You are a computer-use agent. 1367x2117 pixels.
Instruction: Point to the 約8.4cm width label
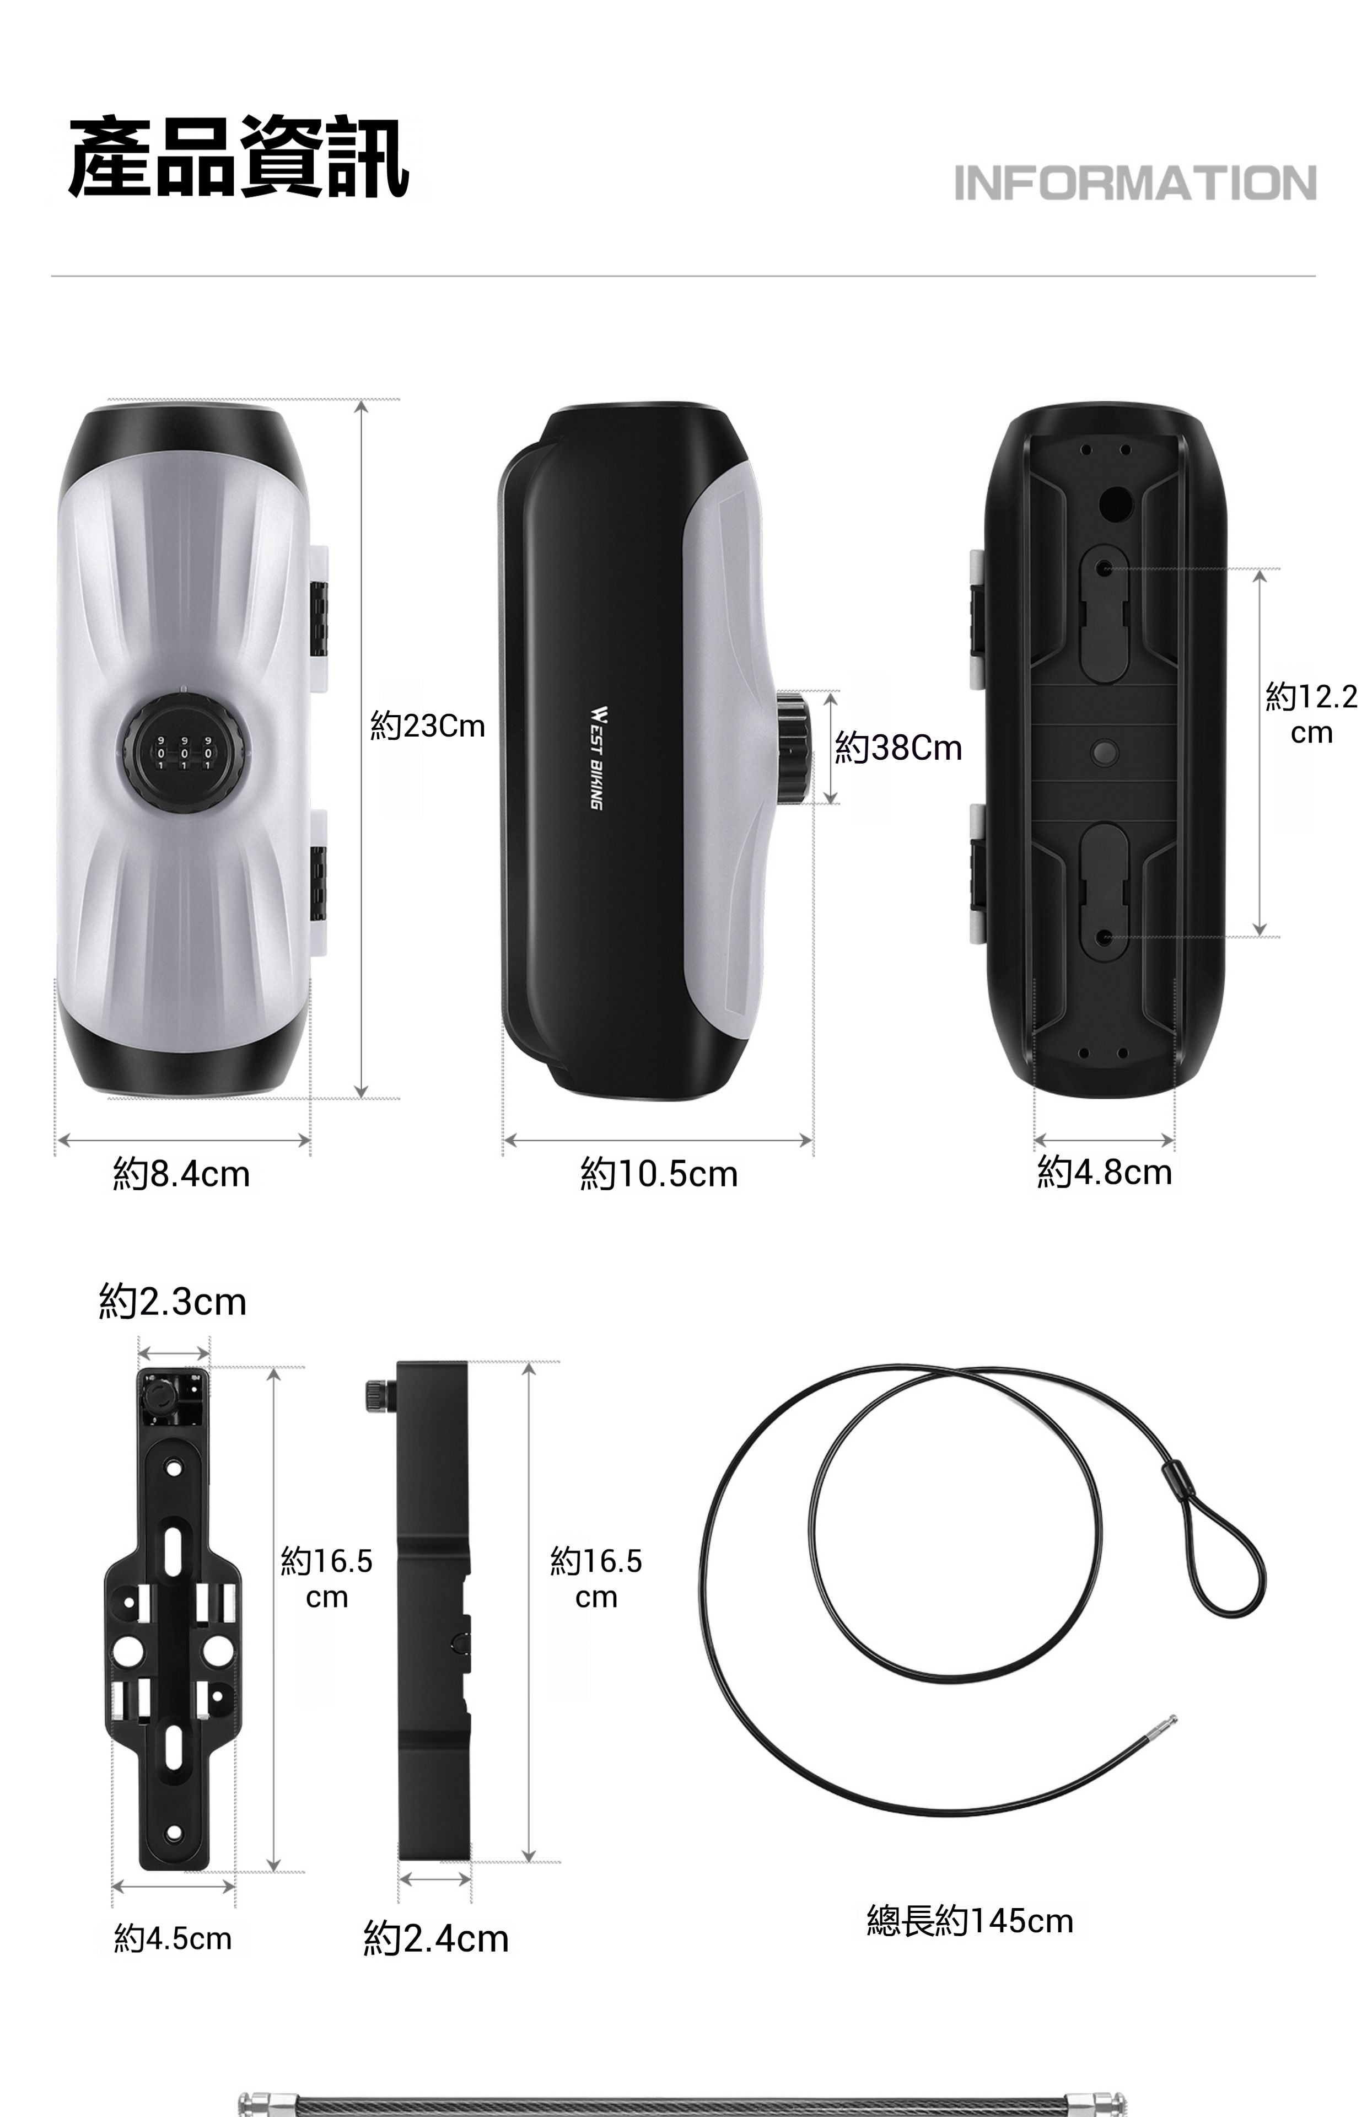pyautogui.click(x=182, y=1174)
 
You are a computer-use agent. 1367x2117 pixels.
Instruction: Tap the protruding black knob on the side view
pyautogui.click(x=794, y=748)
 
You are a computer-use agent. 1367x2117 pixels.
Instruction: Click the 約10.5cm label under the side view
pyautogui.click(x=659, y=1174)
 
